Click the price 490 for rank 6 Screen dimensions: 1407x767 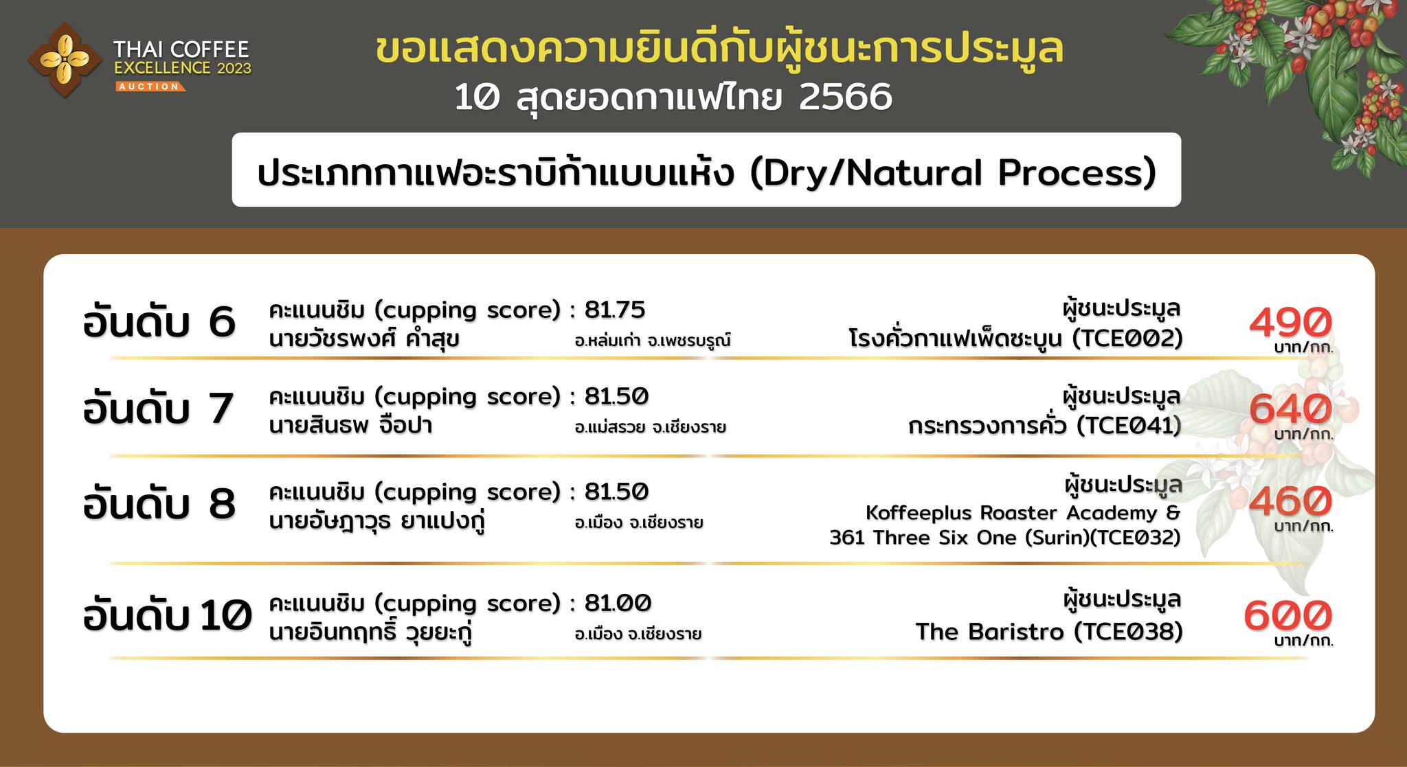[x=1290, y=322]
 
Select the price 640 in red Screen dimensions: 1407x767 [x=1290, y=409]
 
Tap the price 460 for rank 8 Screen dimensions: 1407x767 [x=1290, y=501]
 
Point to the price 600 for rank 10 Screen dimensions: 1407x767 [x=1287, y=615]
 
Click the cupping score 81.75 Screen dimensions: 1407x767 [x=615, y=310]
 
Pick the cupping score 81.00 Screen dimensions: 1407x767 [x=618, y=603]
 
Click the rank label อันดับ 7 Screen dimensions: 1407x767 [x=159, y=408]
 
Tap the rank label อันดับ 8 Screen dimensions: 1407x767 [x=159, y=503]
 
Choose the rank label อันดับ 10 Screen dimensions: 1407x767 [x=168, y=615]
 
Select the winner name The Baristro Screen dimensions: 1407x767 [x=990, y=631]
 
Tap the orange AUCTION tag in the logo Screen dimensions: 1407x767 [x=149, y=87]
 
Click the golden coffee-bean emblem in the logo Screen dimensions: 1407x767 [x=64, y=60]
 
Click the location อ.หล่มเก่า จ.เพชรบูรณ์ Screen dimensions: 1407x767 [x=653, y=341]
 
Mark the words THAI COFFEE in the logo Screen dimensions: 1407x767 [x=181, y=49]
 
